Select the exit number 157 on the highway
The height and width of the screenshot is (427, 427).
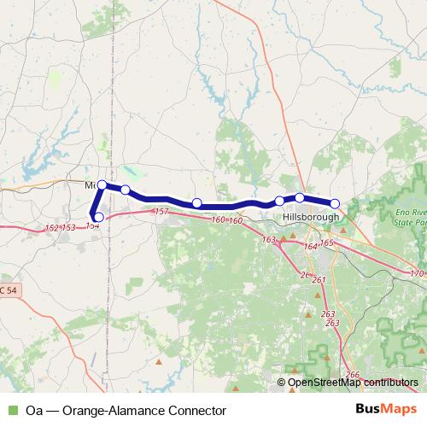(x=161, y=210)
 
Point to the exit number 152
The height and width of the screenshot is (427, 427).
(x=51, y=228)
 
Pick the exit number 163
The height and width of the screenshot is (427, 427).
(x=270, y=240)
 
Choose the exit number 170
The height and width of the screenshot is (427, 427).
(x=417, y=274)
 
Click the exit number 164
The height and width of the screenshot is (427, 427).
(x=309, y=246)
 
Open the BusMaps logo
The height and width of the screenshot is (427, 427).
(x=386, y=410)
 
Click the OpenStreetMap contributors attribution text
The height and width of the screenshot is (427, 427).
(x=353, y=383)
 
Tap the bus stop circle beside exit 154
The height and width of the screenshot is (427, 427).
(x=99, y=217)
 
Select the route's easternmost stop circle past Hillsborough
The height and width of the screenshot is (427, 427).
(x=335, y=203)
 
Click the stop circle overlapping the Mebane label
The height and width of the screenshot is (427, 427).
(x=102, y=184)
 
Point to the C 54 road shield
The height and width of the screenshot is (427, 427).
(x=8, y=291)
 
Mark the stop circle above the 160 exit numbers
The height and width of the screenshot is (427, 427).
(x=196, y=203)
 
